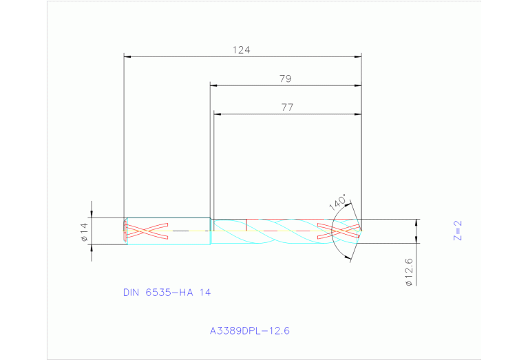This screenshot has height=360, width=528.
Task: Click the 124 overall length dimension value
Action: [241, 50]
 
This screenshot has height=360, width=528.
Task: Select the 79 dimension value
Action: [285, 78]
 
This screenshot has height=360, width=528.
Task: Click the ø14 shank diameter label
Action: [84, 231]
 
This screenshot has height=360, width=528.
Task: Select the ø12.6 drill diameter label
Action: [409, 271]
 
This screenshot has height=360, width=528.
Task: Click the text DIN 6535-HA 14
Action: [167, 293]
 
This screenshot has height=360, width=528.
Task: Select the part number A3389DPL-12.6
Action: [250, 331]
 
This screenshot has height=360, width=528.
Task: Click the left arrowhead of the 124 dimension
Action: [127, 57]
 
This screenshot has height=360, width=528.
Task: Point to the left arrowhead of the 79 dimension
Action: [214, 86]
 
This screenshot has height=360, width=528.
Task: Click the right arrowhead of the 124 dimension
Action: [358, 57]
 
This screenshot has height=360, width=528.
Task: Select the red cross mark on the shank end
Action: [146, 231]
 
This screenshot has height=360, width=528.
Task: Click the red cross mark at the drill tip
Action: [339, 231]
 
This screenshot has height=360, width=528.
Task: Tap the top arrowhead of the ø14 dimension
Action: [92, 214]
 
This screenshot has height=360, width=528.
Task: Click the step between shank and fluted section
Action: [211, 231]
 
